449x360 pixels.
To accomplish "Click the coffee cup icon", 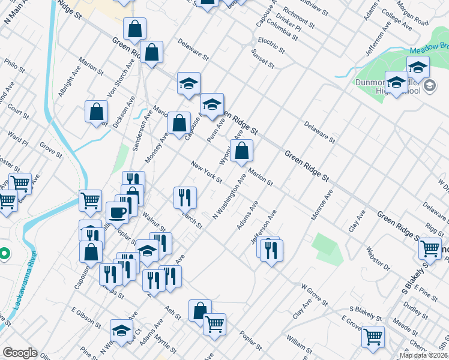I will coord(118,212).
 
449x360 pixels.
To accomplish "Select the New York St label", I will coord(206,172).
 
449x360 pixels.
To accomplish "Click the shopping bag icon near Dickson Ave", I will coord(96,112).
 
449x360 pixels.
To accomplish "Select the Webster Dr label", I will coord(379,257).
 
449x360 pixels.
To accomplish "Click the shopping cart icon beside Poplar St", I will coord(214,324).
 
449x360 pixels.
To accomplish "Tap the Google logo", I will coord(20,353).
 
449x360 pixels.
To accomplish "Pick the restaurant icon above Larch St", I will coord(185,196).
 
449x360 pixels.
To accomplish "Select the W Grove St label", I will coord(314,295).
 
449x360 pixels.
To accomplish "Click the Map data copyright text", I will coord(423,355).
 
